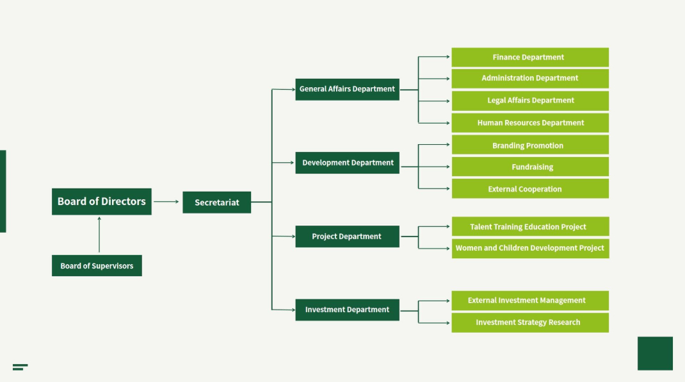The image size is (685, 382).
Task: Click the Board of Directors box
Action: (x=101, y=201)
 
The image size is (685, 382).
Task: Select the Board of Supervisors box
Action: (x=97, y=265)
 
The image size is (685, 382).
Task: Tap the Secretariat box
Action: (x=216, y=203)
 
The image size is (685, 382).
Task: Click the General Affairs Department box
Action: (x=347, y=89)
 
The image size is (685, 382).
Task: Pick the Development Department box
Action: (x=347, y=163)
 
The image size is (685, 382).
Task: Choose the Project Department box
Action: (x=347, y=237)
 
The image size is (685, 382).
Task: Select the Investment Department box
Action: (x=347, y=310)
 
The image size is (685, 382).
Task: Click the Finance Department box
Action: (x=529, y=57)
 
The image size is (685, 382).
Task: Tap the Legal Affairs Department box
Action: (x=529, y=101)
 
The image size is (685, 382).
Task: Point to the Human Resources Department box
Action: (x=529, y=123)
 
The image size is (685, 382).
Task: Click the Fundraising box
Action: (x=529, y=167)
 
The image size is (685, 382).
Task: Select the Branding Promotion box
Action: (x=529, y=145)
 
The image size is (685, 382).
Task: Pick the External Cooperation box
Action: (x=529, y=189)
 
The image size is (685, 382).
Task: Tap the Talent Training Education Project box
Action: (x=529, y=227)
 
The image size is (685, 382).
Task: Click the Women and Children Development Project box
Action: (x=529, y=248)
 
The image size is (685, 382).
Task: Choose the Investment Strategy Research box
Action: (x=529, y=322)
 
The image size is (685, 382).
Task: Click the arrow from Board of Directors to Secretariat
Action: (x=166, y=202)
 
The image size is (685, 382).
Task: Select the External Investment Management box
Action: (x=529, y=301)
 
